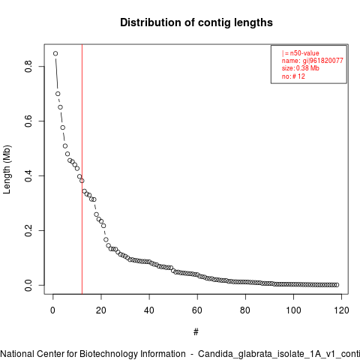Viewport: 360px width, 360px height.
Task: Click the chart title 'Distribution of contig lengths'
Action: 196,22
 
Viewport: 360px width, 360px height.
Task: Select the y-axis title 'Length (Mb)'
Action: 7,169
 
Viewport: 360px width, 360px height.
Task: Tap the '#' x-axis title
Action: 196,332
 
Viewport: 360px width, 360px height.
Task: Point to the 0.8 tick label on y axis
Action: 28,66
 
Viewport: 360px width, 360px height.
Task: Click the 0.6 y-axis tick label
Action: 28,121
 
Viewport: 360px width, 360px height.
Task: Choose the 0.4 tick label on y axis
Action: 28,175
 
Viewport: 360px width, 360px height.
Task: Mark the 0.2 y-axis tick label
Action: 28,230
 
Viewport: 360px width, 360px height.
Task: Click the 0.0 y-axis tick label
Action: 28,285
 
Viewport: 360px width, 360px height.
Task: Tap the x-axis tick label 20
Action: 101,310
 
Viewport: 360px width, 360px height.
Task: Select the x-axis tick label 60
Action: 197,310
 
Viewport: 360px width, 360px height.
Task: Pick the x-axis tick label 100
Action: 293,310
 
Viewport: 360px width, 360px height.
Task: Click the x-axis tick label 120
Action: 341,310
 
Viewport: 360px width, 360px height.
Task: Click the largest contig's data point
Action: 55,53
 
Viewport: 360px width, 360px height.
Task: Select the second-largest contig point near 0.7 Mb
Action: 58,94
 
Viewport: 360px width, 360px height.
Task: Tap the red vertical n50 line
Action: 82,169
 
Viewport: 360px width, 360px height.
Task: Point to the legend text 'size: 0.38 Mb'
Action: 301,68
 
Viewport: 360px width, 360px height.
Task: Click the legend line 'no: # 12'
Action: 293,76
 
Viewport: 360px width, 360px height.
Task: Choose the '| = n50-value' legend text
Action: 301,53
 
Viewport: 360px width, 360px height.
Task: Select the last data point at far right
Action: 337,285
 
